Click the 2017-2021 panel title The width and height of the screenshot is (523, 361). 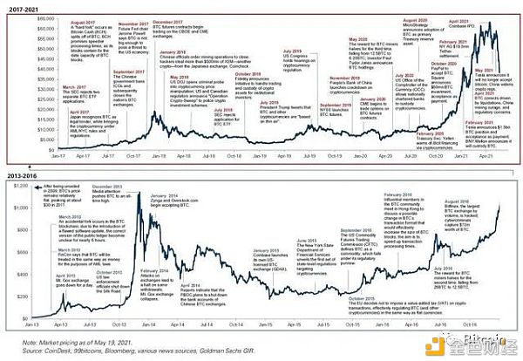[20, 5]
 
